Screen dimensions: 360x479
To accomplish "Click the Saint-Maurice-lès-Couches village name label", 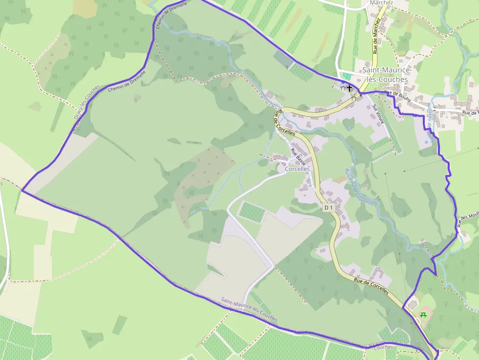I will pyautogui.click(x=385, y=75).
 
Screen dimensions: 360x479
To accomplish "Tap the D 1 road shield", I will pyautogui.click(x=328, y=208).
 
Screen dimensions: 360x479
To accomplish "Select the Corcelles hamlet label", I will pyautogui.click(x=297, y=169).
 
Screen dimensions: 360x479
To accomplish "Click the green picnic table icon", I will pyautogui.click(x=423, y=314).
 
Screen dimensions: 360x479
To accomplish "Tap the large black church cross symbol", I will pyautogui.click(x=349, y=86).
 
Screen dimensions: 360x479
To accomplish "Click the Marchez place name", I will pyautogui.click(x=381, y=2).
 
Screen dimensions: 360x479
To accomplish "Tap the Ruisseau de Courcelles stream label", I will pyautogui.click(x=359, y=187).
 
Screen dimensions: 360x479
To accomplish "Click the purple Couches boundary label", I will pyautogui.click(x=383, y=347).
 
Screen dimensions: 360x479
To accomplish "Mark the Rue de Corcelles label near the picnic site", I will pyautogui.click(x=371, y=287).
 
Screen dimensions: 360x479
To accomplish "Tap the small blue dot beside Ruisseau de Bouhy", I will pyautogui.click(x=426, y=142).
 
